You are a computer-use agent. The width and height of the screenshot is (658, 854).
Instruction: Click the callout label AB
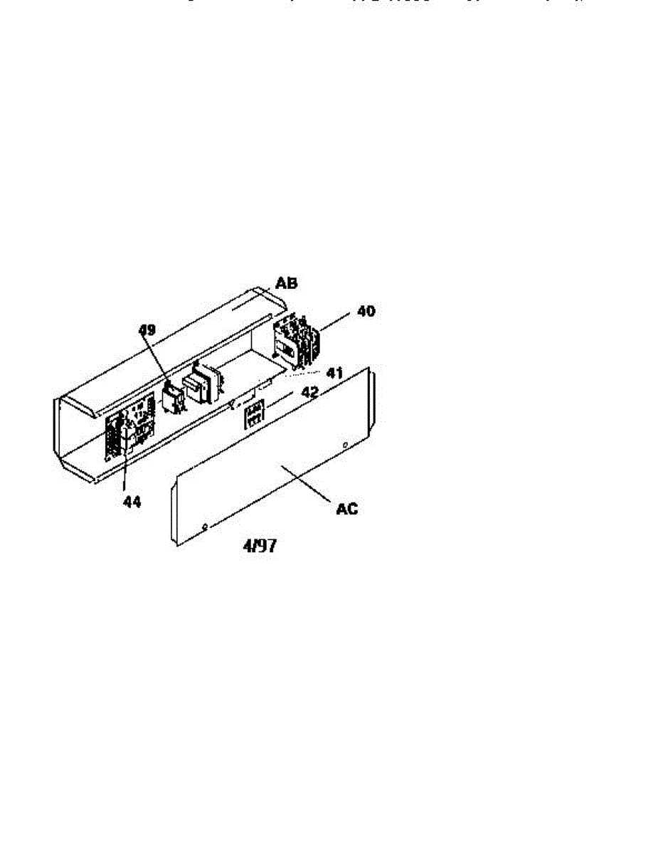(x=287, y=283)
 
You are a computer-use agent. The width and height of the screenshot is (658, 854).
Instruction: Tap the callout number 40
(x=366, y=311)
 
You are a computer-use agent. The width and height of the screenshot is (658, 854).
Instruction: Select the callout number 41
(x=334, y=372)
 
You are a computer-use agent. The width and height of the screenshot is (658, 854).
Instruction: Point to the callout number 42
(x=309, y=392)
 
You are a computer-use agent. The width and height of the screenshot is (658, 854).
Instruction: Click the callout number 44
(x=132, y=502)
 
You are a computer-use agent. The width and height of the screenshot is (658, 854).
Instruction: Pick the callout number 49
(x=147, y=330)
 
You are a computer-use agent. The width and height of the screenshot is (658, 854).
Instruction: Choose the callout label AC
(x=348, y=509)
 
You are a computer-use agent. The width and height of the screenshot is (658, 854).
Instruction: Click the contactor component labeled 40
(x=297, y=340)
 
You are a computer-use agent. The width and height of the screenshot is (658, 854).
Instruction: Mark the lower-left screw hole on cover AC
(x=205, y=527)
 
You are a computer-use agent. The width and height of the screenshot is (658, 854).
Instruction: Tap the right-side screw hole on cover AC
(x=345, y=446)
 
